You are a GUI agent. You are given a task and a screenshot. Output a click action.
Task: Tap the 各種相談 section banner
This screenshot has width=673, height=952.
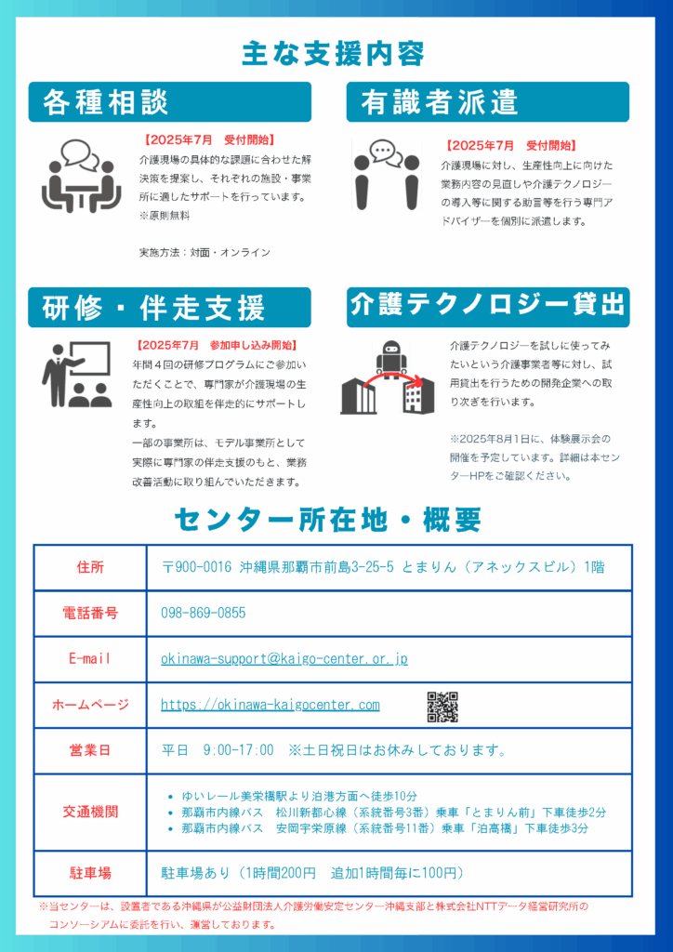(x=169, y=102)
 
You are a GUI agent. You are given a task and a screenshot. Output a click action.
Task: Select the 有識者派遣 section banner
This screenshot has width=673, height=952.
(x=487, y=102)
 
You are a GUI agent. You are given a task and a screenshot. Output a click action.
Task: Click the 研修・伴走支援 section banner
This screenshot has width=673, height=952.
(x=169, y=308)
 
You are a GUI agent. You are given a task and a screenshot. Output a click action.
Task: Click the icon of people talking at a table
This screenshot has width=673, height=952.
(x=81, y=176)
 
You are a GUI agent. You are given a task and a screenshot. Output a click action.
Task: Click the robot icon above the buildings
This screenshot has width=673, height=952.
(x=390, y=357)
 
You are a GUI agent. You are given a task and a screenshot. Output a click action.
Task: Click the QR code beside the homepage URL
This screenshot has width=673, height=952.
(x=442, y=707)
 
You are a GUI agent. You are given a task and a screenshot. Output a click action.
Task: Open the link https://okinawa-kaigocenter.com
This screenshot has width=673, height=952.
(x=270, y=705)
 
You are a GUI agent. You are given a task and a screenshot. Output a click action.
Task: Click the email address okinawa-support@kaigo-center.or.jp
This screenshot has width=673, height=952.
(x=284, y=659)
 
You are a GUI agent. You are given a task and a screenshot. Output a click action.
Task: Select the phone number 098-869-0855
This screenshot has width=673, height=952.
(x=204, y=614)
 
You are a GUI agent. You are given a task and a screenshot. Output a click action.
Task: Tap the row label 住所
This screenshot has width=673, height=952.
(x=90, y=567)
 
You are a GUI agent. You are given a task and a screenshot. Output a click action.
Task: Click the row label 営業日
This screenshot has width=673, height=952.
(x=90, y=750)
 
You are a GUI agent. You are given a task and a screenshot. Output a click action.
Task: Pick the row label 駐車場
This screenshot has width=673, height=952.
(x=90, y=873)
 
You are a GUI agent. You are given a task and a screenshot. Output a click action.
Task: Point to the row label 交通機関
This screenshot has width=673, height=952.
(x=90, y=812)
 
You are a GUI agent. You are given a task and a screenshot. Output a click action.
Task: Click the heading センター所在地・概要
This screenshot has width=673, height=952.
(x=327, y=519)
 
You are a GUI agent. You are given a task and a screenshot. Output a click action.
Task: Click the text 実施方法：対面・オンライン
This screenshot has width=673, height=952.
(x=205, y=252)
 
